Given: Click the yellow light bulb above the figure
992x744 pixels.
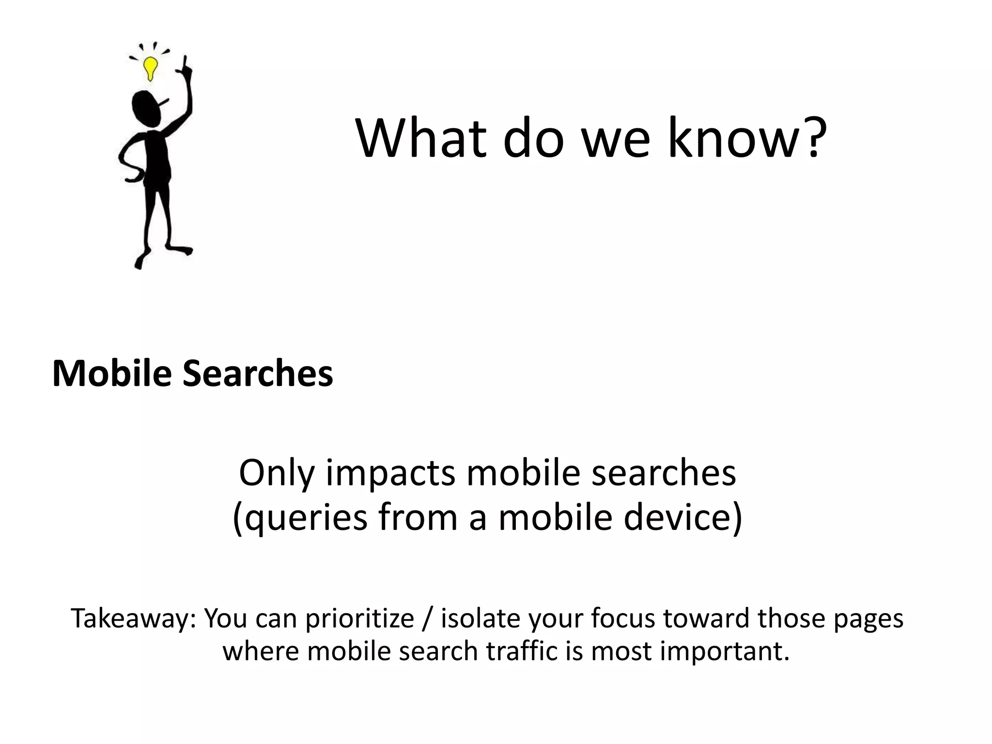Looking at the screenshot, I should click(151, 68).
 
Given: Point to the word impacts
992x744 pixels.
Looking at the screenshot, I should click(390, 474).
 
